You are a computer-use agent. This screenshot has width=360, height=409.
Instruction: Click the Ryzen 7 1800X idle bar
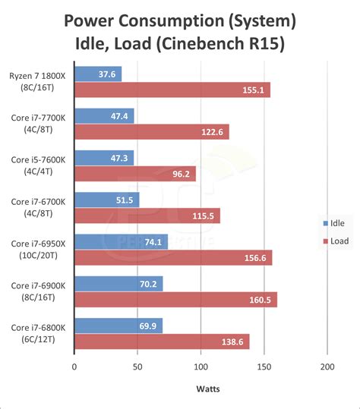pyautogui.click(x=97, y=74)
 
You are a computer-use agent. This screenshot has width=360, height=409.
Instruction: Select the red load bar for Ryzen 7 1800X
pyautogui.click(x=172, y=90)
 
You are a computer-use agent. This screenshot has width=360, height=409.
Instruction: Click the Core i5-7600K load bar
pyautogui.click(x=134, y=174)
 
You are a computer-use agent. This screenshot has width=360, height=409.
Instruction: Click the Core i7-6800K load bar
pyautogui.click(x=161, y=341)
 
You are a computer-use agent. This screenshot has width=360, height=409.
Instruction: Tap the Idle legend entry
pyautogui.click(x=333, y=223)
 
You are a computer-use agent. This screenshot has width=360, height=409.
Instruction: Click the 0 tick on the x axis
pyautogui.click(x=74, y=367)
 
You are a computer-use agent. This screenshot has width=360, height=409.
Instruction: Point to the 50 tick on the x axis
pyautogui.click(x=137, y=367)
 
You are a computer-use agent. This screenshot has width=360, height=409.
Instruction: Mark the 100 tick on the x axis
pyautogui.click(x=200, y=367)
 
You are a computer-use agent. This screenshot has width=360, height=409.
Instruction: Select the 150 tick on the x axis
pyautogui.click(x=263, y=367)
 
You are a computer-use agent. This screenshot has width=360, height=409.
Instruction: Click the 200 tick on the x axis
pyautogui.click(x=327, y=367)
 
